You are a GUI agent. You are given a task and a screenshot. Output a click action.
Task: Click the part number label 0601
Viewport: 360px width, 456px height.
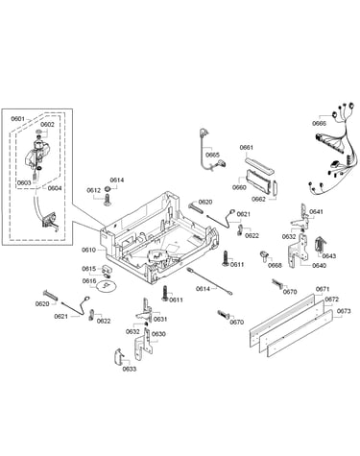[x=18, y=119]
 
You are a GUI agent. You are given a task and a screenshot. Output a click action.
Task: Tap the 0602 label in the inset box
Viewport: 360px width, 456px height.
[x=47, y=125]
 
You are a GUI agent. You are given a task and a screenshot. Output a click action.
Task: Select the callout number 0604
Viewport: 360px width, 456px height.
[x=55, y=188]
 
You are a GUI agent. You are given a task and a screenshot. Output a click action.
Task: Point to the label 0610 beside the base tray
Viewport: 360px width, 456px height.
[x=88, y=250]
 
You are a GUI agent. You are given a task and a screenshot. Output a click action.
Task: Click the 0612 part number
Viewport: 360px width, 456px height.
[x=94, y=190]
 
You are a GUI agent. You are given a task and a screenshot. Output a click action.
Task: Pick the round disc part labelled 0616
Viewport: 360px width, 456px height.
[x=106, y=286]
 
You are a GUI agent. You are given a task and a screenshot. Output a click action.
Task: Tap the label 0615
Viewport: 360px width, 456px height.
[x=88, y=269]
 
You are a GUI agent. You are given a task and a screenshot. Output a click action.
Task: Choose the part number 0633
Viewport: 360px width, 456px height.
[x=130, y=369]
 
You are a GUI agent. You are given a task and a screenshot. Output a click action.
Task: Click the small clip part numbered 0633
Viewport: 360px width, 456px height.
[x=119, y=356]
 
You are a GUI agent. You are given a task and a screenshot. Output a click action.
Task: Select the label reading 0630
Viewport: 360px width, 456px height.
[x=158, y=334]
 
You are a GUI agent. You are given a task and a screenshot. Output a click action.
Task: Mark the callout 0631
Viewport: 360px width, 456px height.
[x=160, y=319]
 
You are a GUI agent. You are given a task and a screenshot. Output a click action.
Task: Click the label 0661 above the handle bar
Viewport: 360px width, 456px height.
[x=247, y=148]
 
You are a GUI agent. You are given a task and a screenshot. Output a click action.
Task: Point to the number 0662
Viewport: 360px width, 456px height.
[x=258, y=199]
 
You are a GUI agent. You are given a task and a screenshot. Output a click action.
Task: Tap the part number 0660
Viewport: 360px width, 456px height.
[x=239, y=187]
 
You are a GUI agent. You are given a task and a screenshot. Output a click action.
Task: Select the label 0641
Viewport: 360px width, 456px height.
[x=317, y=212]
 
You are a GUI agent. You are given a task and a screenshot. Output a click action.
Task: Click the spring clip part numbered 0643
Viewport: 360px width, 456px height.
[x=321, y=246]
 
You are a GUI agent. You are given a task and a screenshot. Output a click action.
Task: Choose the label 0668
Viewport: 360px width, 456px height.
[x=276, y=265]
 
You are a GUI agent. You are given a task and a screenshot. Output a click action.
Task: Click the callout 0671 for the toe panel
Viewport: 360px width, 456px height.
[x=323, y=289]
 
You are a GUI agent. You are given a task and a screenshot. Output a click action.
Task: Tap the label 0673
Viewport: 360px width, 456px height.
[x=344, y=311]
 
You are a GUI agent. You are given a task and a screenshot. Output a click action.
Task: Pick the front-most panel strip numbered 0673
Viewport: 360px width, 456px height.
[x=300, y=333]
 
